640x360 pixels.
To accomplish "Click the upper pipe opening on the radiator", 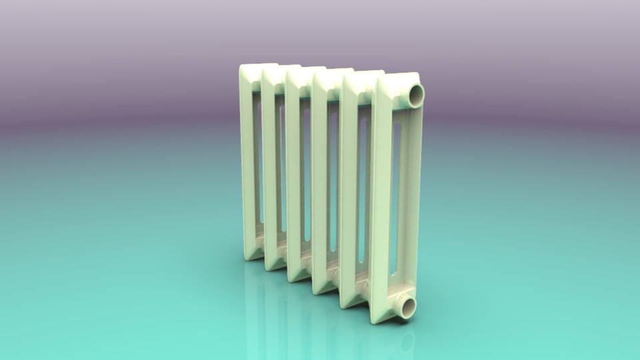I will click(x=415, y=95).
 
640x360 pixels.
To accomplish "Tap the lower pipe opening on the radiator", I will click(x=405, y=307).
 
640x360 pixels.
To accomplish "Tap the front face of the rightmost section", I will click(x=381, y=200).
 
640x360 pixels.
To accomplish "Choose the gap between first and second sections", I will click(x=259, y=167).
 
